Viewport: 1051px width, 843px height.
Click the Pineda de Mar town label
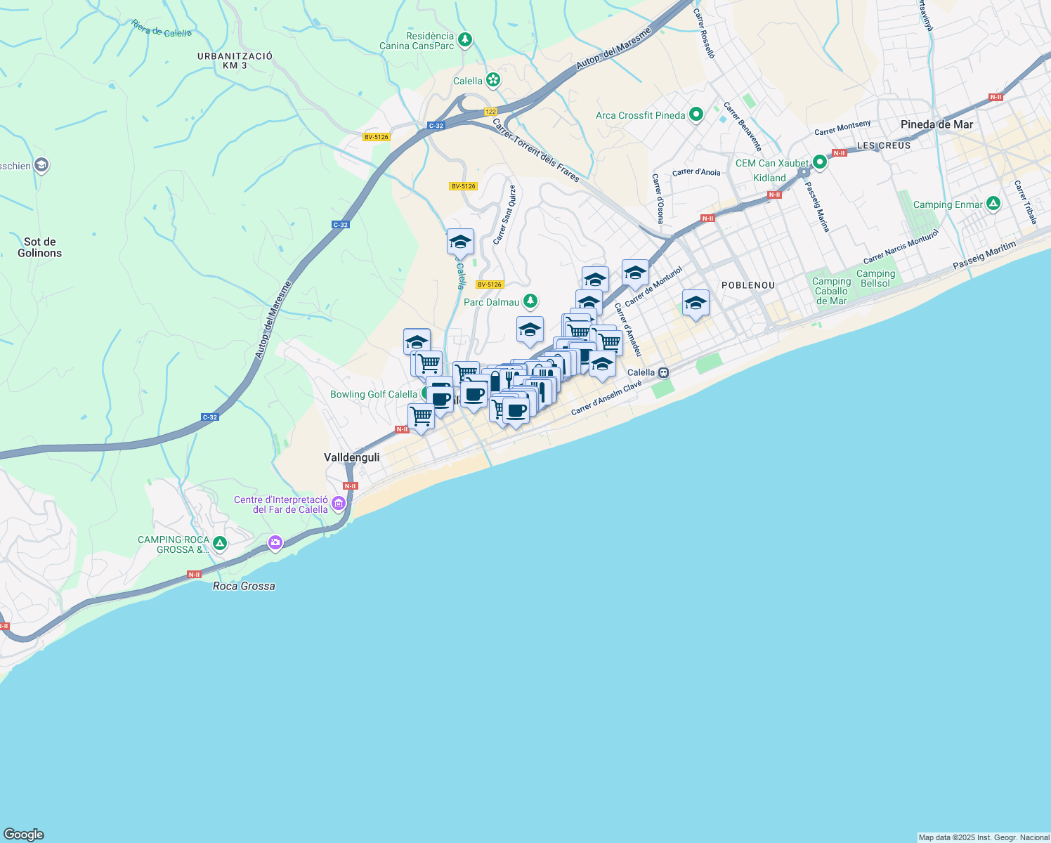pyautogui.click(x=936, y=124)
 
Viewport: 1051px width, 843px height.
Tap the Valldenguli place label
pyautogui.click(x=351, y=457)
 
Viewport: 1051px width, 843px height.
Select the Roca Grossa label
pyautogui.click(x=244, y=586)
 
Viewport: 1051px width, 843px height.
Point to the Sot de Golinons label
pyautogui.click(x=39, y=247)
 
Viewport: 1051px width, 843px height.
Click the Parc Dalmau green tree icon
pyautogui.click(x=530, y=302)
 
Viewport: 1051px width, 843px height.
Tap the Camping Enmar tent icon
pyautogui.click(x=993, y=204)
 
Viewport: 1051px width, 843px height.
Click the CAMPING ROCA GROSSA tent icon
pyautogui.click(x=220, y=543)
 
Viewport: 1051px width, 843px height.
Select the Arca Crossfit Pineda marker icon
pyautogui.click(x=696, y=115)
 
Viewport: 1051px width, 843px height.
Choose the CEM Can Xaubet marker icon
pyautogui.click(x=819, y=162)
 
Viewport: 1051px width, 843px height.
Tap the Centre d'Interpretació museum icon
pyautogui.click(x=339, y=503)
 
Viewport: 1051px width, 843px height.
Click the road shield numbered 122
pyautogui.click(x=490, y=112)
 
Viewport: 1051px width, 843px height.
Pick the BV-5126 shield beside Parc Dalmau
pyautogui.click(x=490, y=285)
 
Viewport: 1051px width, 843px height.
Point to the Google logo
pyautogui.click(x=23, y=835)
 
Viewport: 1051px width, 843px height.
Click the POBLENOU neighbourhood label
pyautogui.click(x=748, y=285)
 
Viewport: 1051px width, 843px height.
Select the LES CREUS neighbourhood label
pyautogui.click(x=884, y=145)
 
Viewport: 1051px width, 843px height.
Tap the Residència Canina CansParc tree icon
pyautogui.click(x=464, y=40)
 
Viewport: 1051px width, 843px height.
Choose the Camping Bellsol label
pyautogui.click(x=875, y=278)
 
